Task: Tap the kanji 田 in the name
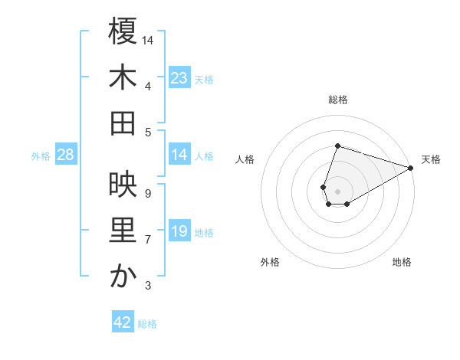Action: [123, 123]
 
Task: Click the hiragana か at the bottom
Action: [123, 277]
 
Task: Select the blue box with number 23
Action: [179, 77]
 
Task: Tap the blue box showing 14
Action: [179, 155]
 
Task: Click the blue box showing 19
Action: [179, 231]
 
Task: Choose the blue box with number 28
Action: [65, 155]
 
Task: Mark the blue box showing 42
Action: [123, 322]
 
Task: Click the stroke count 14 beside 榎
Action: [148, 40]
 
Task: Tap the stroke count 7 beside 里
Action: [148, 240]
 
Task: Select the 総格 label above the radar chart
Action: [337, 100]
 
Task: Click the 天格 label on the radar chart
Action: [431, 159]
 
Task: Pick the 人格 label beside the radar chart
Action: [245, 159]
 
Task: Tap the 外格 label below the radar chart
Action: [270, 262]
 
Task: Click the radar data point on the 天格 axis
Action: [411, 168]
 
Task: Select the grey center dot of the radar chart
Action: [337, 190]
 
